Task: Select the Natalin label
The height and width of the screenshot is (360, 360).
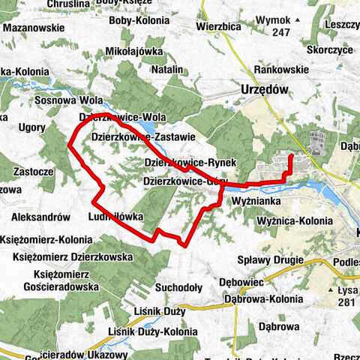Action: click(167, 69)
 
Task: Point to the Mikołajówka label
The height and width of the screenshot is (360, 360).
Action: click(135, 52)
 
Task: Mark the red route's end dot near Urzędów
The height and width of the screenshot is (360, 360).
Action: click(290, 157)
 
